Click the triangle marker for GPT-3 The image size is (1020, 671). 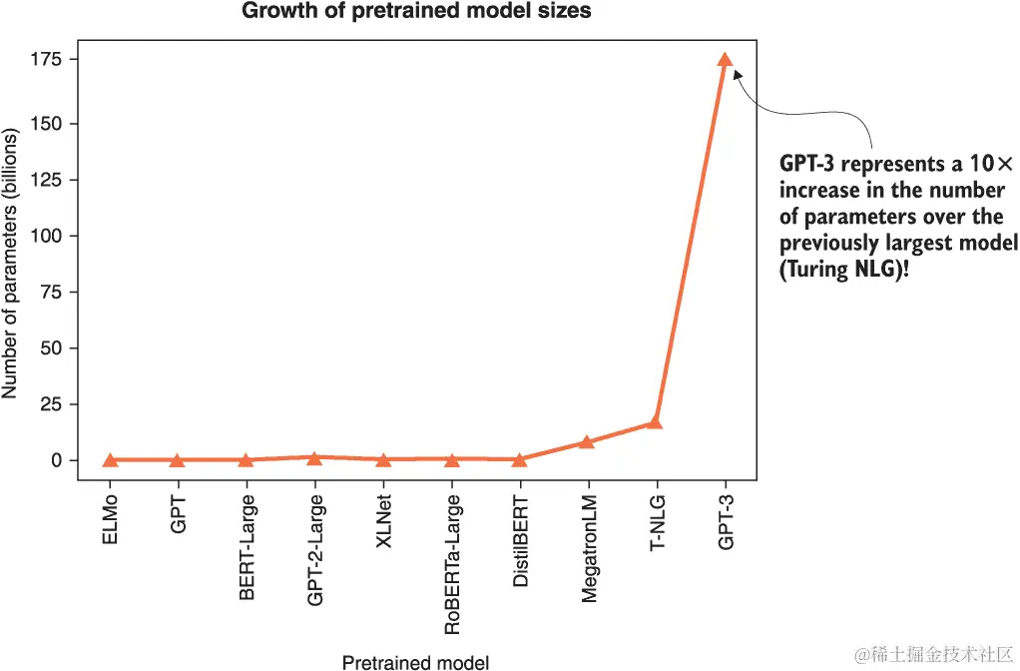(725, 60)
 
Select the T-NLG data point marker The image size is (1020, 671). (655, 422)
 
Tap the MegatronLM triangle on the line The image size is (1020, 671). (587, 441)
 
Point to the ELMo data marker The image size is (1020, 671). (110, 459)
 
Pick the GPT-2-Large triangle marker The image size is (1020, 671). (314, 457)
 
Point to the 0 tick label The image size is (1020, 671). (58, 460)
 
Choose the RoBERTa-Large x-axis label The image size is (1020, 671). (452, 564)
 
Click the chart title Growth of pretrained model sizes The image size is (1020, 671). (416, 12)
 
